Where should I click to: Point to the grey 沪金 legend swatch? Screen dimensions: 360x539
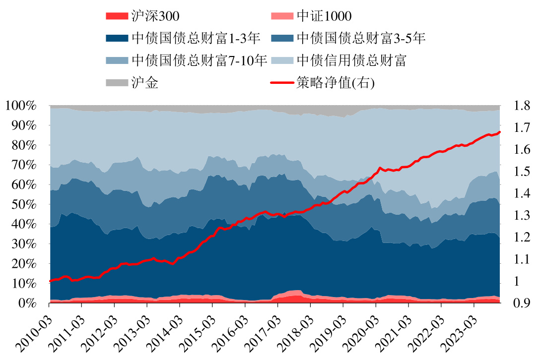117,83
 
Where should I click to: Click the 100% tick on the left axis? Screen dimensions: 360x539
21,106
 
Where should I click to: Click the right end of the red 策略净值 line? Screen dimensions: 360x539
499,132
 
